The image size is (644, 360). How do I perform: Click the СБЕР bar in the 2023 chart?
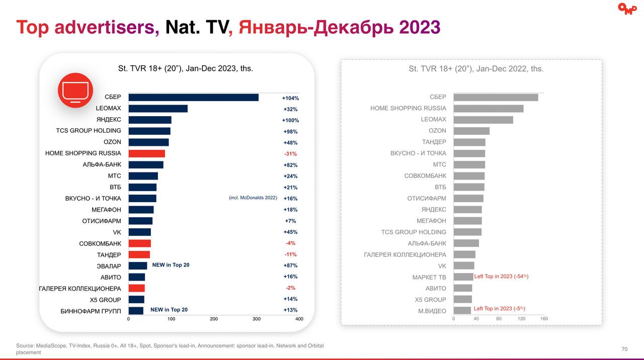tap(193, 98)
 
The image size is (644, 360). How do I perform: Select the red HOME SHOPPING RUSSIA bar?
tap(146, 153)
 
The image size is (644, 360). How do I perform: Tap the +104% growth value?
tap(290, 98)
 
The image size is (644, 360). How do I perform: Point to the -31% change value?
tap(290, 154)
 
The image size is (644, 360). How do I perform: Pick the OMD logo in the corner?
tap(627, 9)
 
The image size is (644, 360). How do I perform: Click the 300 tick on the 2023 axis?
tap(257, 319)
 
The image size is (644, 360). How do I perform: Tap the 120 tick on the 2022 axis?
tap(521, 319)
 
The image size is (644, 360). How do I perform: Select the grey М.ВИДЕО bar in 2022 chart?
tap(462, 311)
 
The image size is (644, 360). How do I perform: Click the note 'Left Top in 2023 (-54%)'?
tap(501, 277)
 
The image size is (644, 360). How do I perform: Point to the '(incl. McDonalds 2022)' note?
tap(253, 198)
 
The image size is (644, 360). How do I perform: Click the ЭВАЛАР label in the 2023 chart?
tap(109, 266)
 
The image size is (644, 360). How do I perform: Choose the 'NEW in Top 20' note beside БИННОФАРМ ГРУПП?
tap(169, 310)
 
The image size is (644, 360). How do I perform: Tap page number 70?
tap(624, 349)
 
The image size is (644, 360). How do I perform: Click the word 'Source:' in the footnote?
tap(25, 346)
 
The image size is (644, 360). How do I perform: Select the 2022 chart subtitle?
tap(476, 69)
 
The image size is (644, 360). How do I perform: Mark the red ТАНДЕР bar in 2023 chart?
tap(139, 254)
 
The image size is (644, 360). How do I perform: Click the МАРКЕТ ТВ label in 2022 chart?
tap(429, 277)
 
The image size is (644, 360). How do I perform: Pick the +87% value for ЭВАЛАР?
tap(290, 265)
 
